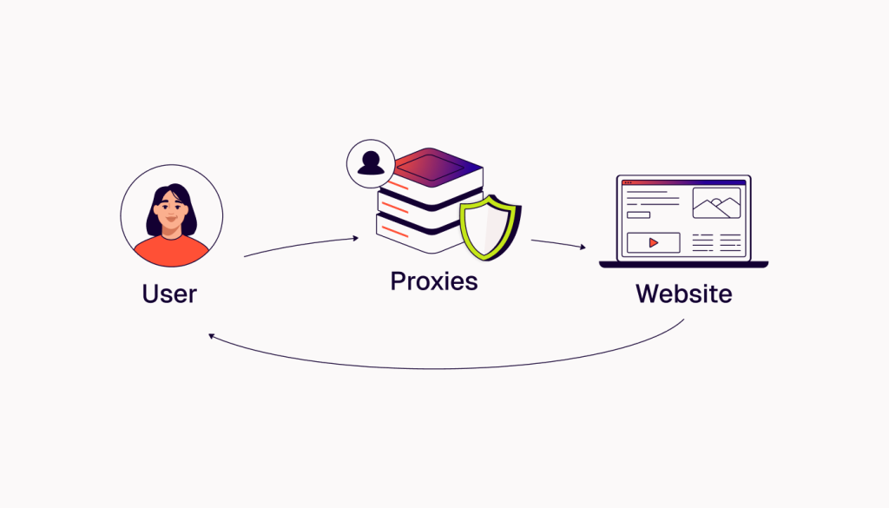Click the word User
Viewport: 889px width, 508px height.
pos(169,294)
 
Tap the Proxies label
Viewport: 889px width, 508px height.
pos(433,281)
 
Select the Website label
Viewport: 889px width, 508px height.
pos(683,294)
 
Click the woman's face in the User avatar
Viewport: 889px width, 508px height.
pos(171,214)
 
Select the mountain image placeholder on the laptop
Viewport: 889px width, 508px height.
pos(716,203)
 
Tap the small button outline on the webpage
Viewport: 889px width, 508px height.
pos(638,214)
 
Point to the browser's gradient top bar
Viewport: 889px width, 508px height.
pos(683,182)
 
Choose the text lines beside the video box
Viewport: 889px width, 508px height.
pos(716,242)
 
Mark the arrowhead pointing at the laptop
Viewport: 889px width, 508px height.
pos(583,247)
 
